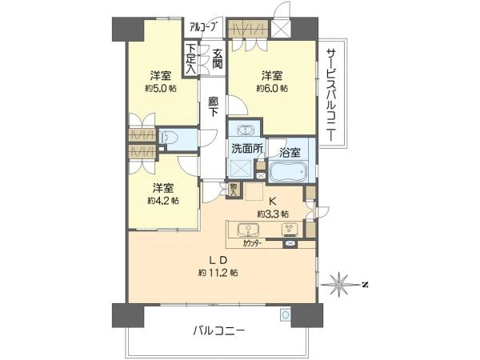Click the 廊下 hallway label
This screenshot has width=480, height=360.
pyautogui.click(x=213, y=108)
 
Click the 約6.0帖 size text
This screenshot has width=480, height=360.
pyautogui.click(x=269, y=90)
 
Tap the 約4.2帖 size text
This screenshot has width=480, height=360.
pyautogui.click(x=162, y=201)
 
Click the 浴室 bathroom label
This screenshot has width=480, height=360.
pyautogui.click(x=290, y=151)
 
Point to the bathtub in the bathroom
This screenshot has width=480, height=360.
pyautogui.click(x=284, y=172)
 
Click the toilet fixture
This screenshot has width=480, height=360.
pyautogui.click(x=167, y=138)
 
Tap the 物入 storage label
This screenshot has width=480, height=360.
pyautogui.click(x=233, y=190)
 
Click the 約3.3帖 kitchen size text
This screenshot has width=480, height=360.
pyautogui.click(x=272, y=214)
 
